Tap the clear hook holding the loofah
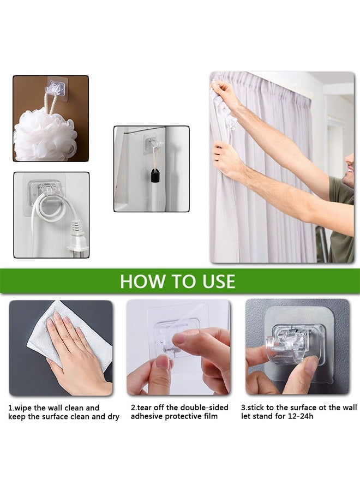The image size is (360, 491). (56, 88)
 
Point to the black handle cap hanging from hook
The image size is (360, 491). (155, 176)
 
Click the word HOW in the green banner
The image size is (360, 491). (139, 282)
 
